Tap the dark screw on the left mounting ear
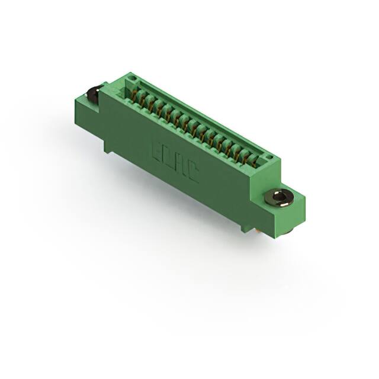[93, 94]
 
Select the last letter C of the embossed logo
[193, 174]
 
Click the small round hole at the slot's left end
[133, 78]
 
